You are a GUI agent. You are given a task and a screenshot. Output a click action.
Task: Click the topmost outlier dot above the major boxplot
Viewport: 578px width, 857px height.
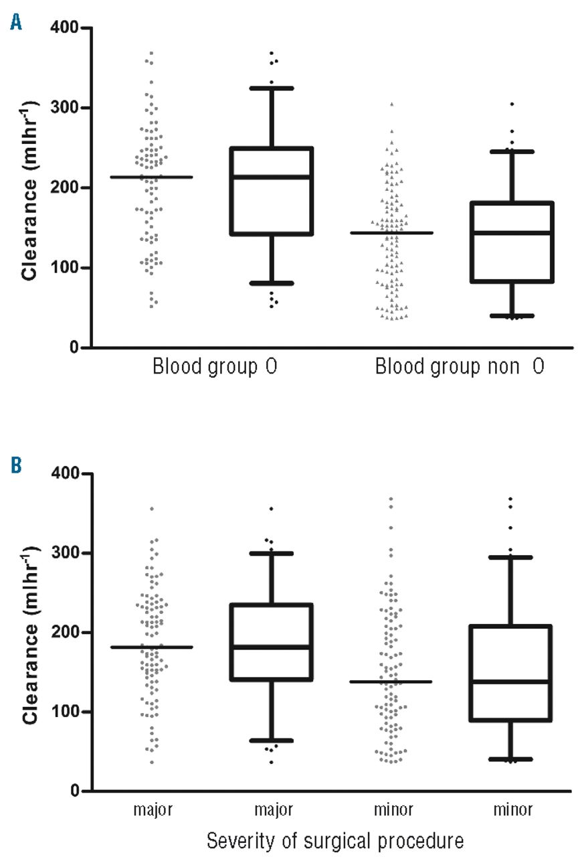pyautogui.click(x=271, y=509)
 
